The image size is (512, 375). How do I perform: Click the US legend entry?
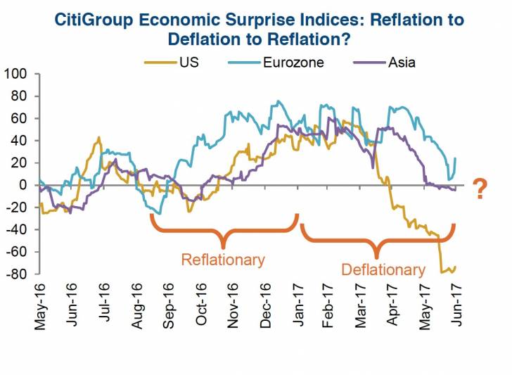(x=188, y=63)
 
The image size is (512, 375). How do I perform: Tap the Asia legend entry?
(x=401, y=63)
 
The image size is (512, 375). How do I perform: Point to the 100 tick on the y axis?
(x=16, y=73)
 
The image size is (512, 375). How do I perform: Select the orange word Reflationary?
(x=222, y=259)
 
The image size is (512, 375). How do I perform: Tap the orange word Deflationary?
(x=383, y=269)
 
